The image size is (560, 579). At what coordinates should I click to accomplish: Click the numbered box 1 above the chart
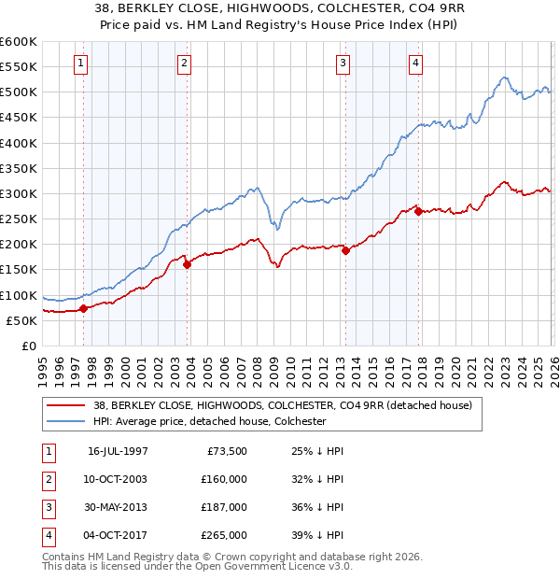(x=82, y=64)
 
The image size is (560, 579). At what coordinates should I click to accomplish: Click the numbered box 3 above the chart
(x=343, y=64)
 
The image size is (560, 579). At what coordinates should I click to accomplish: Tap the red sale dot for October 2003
(x=187, y=264)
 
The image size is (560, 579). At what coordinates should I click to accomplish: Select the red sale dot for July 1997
(x=84, y=308)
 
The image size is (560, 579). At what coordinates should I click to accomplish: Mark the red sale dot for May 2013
(x=345, y=250)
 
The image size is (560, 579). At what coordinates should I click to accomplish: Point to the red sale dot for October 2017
(x=417, y=211)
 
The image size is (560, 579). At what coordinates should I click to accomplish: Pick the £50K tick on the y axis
(x=21, y=320)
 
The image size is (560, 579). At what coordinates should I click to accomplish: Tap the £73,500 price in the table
(x=224, y=449)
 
